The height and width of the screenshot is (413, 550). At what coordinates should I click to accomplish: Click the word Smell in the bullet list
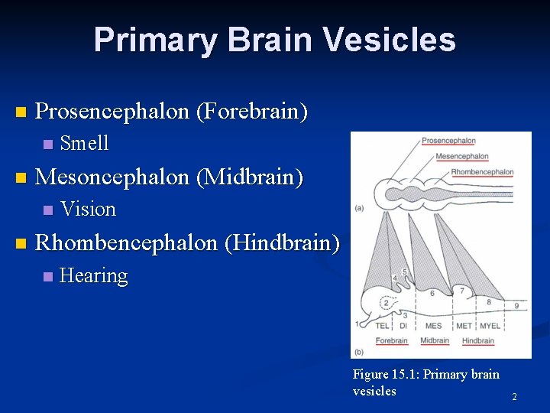tap(84, 143)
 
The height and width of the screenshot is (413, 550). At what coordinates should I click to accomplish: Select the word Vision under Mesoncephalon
tap(88, 209)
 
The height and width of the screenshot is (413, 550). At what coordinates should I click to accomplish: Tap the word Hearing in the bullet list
tap(93, 275)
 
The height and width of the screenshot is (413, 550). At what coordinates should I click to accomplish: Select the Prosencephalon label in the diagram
tap(448, 141)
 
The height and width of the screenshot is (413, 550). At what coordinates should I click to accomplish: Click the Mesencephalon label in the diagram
tap(462, 157)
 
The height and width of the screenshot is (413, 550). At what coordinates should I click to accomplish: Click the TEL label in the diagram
tap(383, 326)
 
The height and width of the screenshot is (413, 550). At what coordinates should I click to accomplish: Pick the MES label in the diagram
tap(434, 326)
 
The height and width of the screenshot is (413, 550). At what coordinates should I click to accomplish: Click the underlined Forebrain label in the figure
tap(391, 340)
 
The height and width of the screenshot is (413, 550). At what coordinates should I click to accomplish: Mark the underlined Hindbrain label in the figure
tap(477, 340)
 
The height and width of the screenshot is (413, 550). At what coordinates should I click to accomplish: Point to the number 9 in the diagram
tap(516, 306)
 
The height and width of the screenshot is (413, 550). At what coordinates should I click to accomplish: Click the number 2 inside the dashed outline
tap(386, 303)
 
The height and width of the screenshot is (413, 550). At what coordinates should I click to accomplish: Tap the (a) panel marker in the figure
tap(359, 208)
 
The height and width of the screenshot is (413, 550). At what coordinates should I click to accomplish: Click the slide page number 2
tap(514, 397)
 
